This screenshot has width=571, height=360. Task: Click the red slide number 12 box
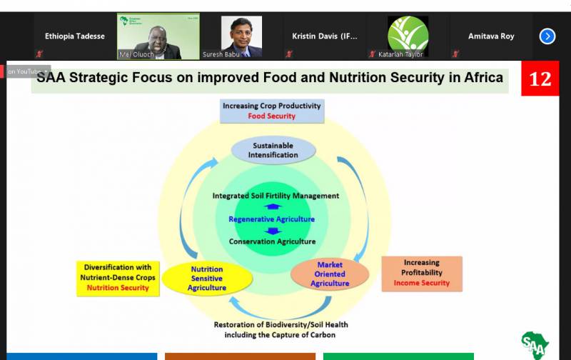pyautogui.click(x=540, y=79)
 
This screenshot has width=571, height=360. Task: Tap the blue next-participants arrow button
pyautogui.click(x=547, y=36)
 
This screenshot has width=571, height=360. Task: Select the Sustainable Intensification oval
pyautogui.click(x=273, y=150)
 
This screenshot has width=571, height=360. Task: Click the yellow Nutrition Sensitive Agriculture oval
pyautogui.click(x=207, y=279)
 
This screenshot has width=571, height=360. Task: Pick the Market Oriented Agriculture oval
pyautogui.click(x=330, y=274)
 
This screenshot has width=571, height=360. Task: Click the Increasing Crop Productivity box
pyautogui.click(x=272, y=111)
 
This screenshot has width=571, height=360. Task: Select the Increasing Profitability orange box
pyautogui.click(x=422, y=274)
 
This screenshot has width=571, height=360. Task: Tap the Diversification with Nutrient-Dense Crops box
pyautogui.click(x=118, y=279)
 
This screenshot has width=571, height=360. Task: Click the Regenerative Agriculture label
pyautogui.click(x=272, y=219)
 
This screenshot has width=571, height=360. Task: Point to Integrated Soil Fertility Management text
pyautogui.click(x=276, y=196)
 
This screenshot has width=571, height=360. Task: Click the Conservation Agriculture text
pyautogui.click(x=273, y=241)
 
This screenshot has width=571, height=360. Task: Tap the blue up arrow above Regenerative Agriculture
pyautogui.click(x=273, y=206)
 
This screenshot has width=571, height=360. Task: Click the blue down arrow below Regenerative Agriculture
pyautogui.click(x=273, y=231)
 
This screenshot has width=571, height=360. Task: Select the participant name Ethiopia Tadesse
pyautogui.click(x=75, y=36)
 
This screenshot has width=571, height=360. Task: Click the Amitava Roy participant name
pyautogui.click(x=491, y=36)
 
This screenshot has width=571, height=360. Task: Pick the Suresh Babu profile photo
pyautogui.click(x=241, y=36)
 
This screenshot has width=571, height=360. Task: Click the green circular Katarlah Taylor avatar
pyautogui.click(x=408, y=36)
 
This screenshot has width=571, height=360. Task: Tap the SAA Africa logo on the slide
pyautogui.click(x=535, y=345)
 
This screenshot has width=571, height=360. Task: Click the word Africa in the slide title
pyautogui.click(x=484, y=77)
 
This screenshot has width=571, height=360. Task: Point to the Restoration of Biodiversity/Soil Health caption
pyautogui.click(x=281, y=330)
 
